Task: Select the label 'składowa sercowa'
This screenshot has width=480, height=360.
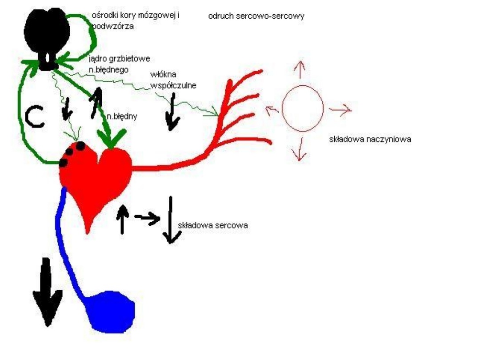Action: pyautogui.click(x=212, y=225)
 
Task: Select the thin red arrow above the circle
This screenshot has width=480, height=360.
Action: pyautogui.click(x=302, y=68)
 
